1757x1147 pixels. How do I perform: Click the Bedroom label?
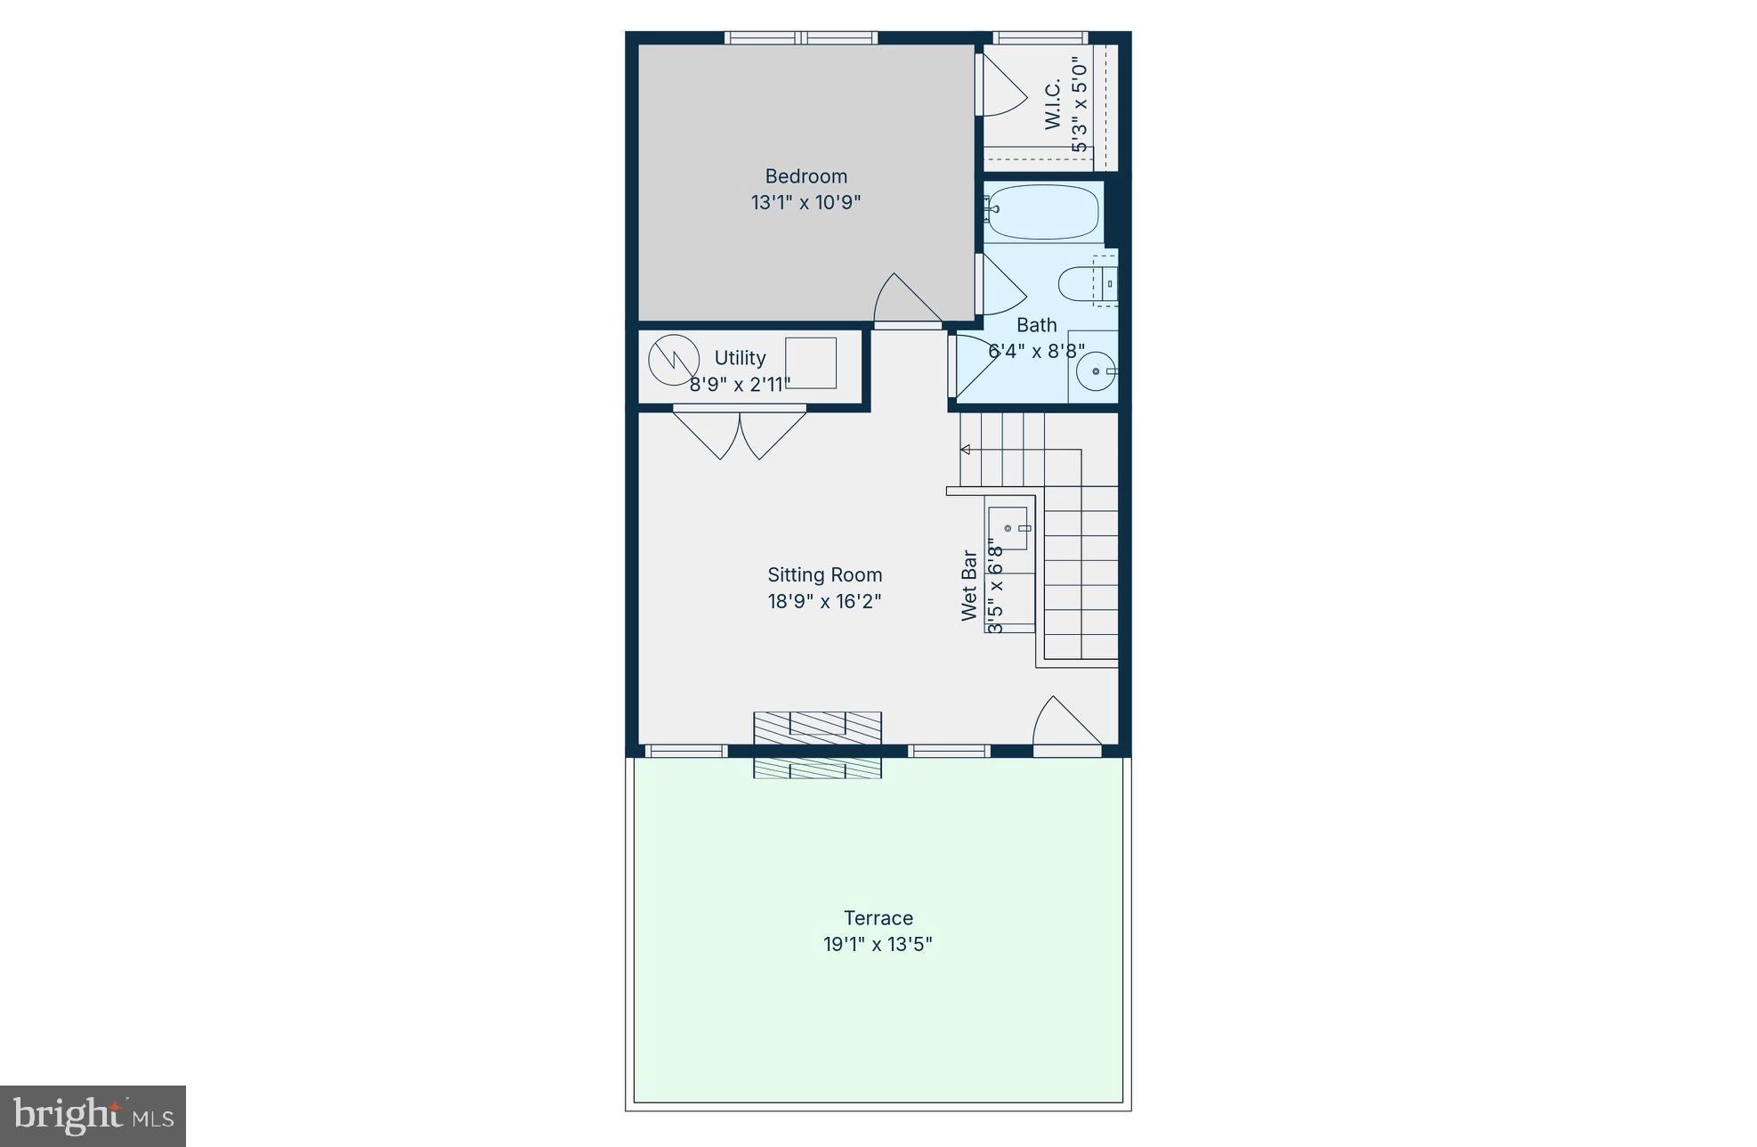(x=806, y=176)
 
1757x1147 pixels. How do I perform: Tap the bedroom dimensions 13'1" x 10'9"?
(x=806, y=202)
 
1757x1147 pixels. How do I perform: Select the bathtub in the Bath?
(x=1041, y=212)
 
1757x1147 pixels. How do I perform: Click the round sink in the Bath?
(x=1096, y=371)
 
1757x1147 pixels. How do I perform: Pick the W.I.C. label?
(x=1052, y=104)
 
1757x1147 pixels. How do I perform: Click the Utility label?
(x=740, y=358)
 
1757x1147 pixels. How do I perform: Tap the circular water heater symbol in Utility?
(x=673, y=360)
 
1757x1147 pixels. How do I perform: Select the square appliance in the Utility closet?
(x=810, y=362)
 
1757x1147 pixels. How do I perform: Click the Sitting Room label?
(x=824, y=575)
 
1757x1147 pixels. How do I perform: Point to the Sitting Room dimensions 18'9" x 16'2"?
(x=824, y=601)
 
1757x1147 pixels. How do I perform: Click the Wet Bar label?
(x=969, y=585)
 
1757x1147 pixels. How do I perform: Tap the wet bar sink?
(x=1008, y=528)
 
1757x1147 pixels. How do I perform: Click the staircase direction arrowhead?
(x=965, y=450)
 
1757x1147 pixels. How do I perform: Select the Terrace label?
(x=878, y=918)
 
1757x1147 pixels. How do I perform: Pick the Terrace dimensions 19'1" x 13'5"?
(x=878, y=944)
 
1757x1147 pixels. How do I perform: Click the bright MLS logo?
(x=93, y=1116)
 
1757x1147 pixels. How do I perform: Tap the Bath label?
(x=1036, y=325)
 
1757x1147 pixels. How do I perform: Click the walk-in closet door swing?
(x=1000, y=85)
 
